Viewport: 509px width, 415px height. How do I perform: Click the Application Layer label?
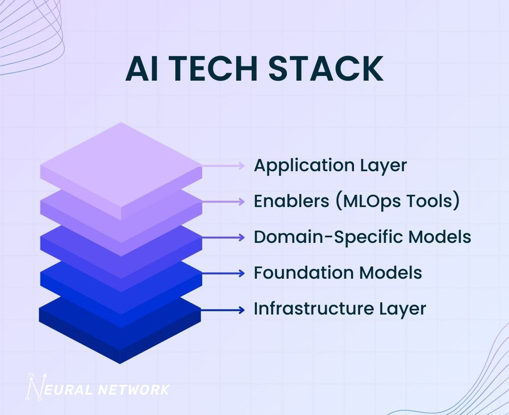tap(330, 166)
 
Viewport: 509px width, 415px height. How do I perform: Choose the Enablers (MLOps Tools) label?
tap(356, 201)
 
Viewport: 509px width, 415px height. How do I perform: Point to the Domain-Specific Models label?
tap(362, 237)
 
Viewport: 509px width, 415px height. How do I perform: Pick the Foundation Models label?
tap(337, 273)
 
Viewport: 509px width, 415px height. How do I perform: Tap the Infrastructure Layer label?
tap(340, 309)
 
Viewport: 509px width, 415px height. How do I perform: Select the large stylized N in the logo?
tap(35, 388)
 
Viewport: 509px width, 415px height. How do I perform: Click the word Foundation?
tap(297, 273)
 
